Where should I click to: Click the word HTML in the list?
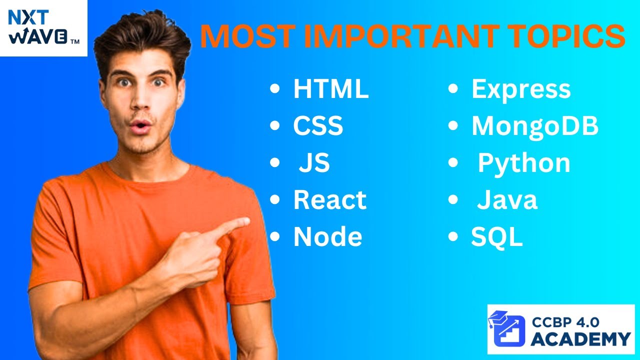[331, 89]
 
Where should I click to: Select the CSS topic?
[318, 126]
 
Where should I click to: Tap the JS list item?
[314, 163]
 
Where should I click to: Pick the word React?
[330, 200]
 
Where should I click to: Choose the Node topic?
[328, 237]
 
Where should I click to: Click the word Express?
[521, 89]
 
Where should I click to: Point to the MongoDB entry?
[535, 126]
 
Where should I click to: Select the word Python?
[524, 163]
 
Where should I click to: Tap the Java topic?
[507, 200]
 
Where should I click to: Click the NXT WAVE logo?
[43, 28]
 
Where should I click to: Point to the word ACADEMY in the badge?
[580, 338]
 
